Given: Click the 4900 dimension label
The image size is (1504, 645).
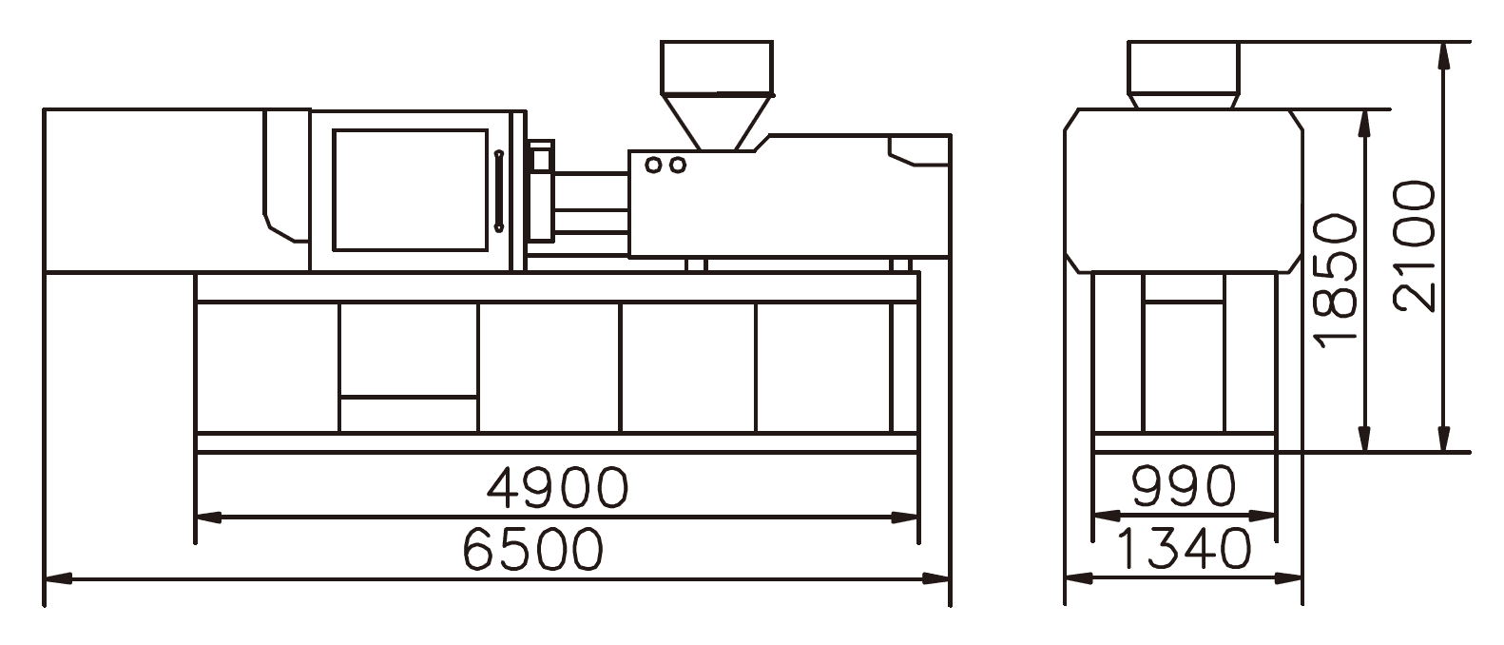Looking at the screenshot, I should click(x=557, y=486).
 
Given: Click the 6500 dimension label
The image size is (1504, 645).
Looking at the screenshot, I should click(x=533, y=549).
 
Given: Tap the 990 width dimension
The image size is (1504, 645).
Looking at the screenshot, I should click(x=1185, y=486).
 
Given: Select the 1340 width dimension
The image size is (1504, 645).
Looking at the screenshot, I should click(x=1185, y=549).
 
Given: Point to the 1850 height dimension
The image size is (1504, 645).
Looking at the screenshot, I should click(x=1335, y=280).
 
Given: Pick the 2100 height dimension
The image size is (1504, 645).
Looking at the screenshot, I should click(x=1415, y=245).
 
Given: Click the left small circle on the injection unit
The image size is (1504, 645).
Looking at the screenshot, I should click(x=653, y=166).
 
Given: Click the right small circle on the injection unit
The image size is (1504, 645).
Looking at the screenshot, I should click(x=677, y=166).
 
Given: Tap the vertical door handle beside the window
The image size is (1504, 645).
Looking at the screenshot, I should click(x=498, y=189).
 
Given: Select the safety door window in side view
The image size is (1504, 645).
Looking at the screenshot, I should click(x=410, y=189).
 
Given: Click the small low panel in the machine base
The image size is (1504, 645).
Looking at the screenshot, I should click(x=408, y=415).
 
